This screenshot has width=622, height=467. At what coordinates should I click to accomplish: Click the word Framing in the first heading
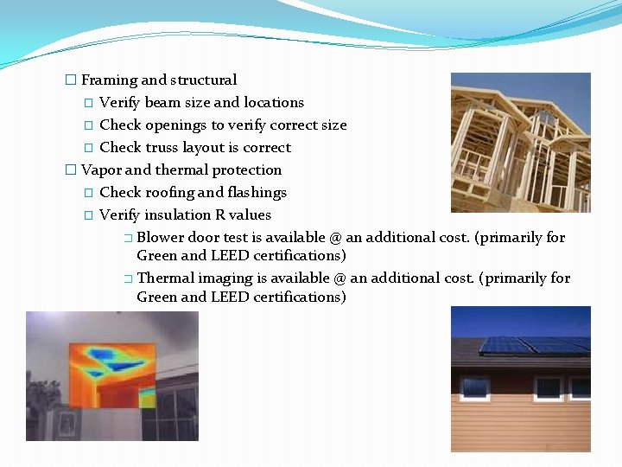point(109,80)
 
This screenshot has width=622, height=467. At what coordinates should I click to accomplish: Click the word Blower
point(161,238)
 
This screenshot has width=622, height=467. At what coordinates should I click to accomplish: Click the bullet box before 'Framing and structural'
point(71,80)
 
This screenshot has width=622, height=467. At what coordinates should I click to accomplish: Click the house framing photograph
point(520,142)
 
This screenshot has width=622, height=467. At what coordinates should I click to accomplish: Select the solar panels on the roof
point(531,344)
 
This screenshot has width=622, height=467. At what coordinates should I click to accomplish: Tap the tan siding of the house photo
point(518,424)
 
